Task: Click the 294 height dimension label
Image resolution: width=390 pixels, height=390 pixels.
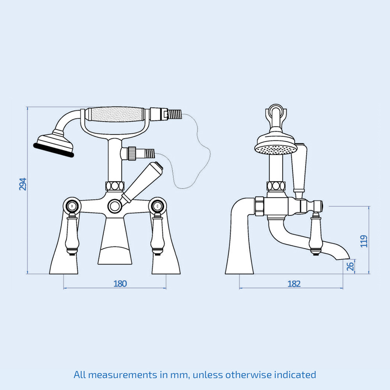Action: tap(23, 184)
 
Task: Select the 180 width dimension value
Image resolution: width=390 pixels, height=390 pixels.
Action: tap(120, 284)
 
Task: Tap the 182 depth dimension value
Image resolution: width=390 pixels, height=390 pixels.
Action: tap(294, 284)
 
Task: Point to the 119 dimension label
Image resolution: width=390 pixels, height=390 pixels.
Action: tap(364, 241)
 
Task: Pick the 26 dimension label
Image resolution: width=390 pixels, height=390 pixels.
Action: tap(350, 266)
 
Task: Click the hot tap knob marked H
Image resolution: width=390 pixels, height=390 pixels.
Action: tap(73, 206)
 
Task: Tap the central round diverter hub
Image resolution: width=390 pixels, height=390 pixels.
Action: tap(115, 206)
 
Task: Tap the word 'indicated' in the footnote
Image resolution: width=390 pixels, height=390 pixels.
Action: tap(295, 375)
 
